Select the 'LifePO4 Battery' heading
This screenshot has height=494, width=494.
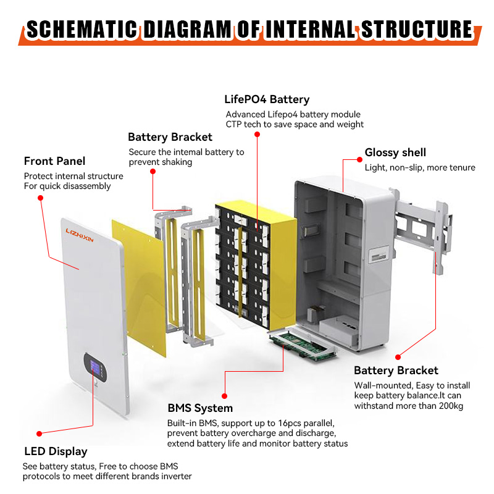267,99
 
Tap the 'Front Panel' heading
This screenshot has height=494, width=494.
54,161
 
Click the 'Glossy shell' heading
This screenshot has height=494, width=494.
395,153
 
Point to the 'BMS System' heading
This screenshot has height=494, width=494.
200,408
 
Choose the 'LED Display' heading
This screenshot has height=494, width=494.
55,451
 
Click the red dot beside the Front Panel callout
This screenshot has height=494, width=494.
40,198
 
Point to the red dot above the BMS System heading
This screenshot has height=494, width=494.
224,395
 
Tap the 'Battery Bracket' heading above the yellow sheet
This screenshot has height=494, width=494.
170,137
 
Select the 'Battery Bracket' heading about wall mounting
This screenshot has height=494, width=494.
396,371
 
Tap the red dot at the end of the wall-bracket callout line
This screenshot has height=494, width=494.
398,356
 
